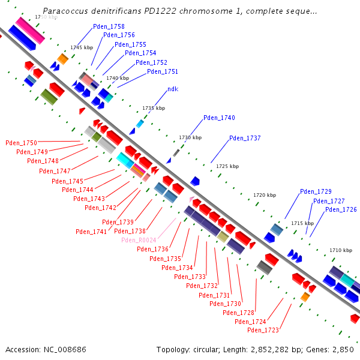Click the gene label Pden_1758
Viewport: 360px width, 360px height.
(x=109, y=26)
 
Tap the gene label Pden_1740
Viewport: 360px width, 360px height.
(x=219, y=118)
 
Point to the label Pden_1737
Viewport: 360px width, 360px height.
(x=245, y=138)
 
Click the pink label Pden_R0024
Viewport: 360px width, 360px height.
(x=139, y=240)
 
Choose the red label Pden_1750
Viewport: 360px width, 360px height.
(x=21, y=143)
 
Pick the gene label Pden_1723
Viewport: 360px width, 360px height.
(x=263, y=330)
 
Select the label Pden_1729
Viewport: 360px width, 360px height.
(x=316, y=191)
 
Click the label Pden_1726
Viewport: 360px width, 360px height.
(x=341, y=209)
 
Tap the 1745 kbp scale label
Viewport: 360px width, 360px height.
(x=82, y=47)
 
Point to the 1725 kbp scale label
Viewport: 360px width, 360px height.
(x=227, y=166)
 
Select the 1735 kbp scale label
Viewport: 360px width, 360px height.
(x=153, y=108)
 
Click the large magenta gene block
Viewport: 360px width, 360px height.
(x=30, y=30)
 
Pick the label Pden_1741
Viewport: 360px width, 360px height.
(x=91, y=232)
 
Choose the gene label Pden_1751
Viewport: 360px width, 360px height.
(x=163, y=71)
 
